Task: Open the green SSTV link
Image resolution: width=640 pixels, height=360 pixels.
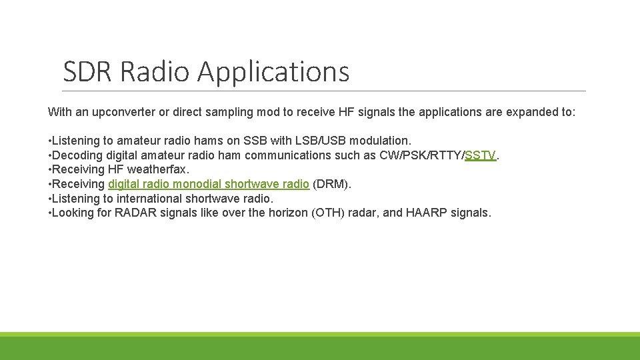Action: point(481,155)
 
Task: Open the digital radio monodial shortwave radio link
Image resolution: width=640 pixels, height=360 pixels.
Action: point(209,184)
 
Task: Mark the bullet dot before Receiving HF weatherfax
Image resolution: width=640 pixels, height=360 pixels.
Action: point(49,170)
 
